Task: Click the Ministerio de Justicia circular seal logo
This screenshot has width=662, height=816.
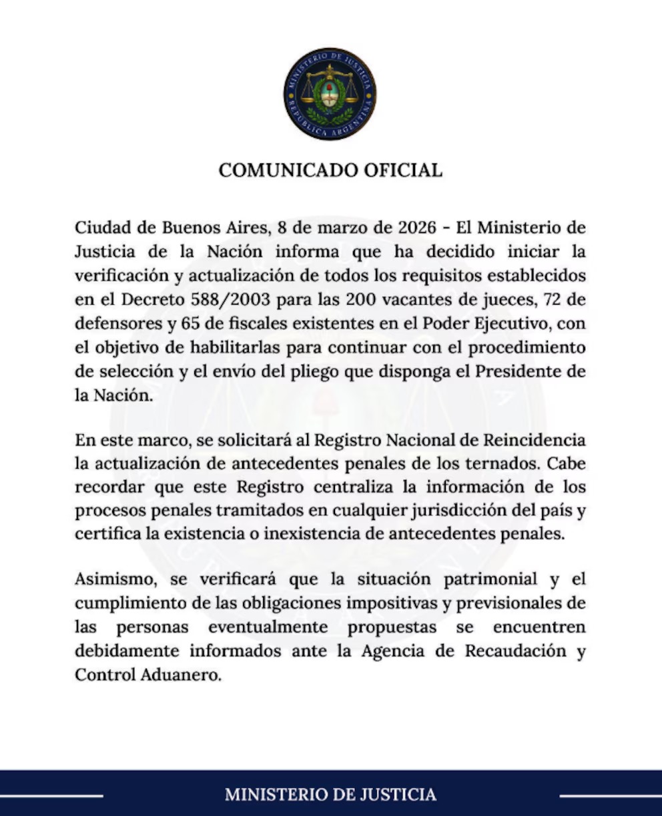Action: (330, 93)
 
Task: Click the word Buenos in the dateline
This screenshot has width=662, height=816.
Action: (189, 228)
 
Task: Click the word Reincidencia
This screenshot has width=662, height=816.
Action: (534, 441)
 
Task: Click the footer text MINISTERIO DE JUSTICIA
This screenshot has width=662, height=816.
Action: (330, 795)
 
